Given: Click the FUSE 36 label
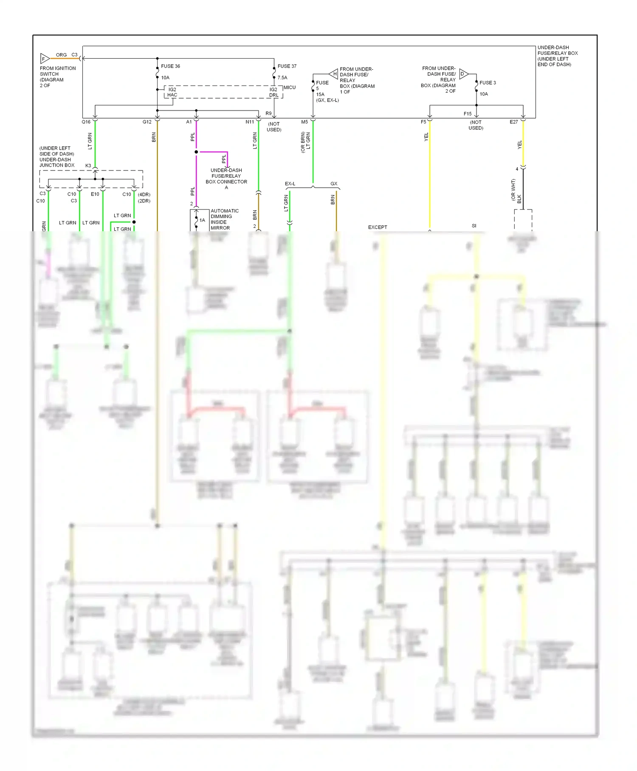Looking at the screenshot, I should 170,66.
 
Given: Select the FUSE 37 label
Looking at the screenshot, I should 287,66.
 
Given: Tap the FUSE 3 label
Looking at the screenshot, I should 488,83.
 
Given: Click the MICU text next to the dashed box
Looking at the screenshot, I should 290,88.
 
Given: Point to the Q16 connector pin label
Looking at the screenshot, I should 86,122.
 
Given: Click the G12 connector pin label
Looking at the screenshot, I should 147,122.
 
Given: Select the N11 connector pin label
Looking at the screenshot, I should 250,122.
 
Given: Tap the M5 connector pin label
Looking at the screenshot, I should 304,122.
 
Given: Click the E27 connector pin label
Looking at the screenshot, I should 514,122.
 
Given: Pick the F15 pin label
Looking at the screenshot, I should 468,114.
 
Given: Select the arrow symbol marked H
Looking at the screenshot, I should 334,74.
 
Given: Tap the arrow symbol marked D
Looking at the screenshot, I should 463,74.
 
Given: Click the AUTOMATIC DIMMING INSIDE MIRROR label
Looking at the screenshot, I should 224,219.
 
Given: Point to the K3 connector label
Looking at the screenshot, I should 88,166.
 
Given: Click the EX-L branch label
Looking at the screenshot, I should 290,184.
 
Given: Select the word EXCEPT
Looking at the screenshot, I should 378,227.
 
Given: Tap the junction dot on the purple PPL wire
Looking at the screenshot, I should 196,152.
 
